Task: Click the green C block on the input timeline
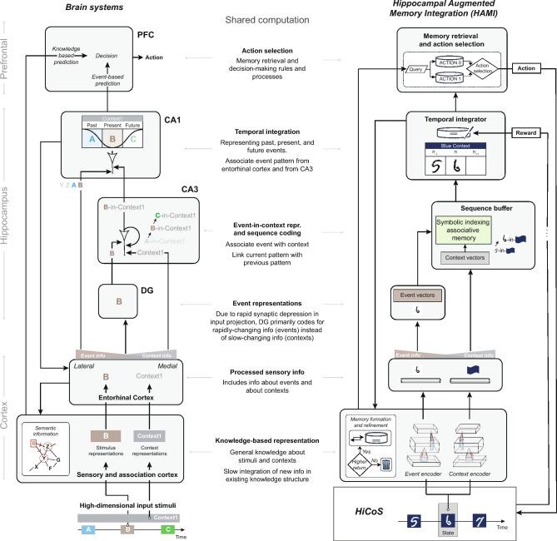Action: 169,529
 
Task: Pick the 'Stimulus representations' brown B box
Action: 105,435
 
